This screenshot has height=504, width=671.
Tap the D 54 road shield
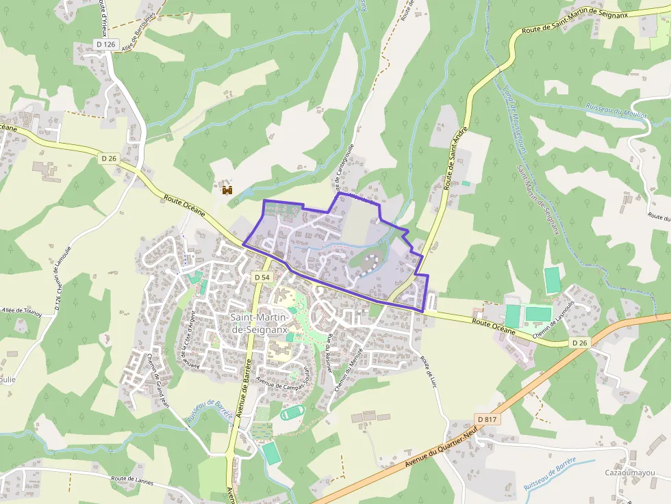[x=262, y=278]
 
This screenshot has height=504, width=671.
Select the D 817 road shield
[x=487, y=419]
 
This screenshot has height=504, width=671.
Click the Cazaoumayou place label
[x=630, y=473]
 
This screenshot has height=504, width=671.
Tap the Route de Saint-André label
[x=455, y=157]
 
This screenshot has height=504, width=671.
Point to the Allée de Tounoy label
[x=22, y=312]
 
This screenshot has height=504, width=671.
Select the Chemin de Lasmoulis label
[x=552, y=323]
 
